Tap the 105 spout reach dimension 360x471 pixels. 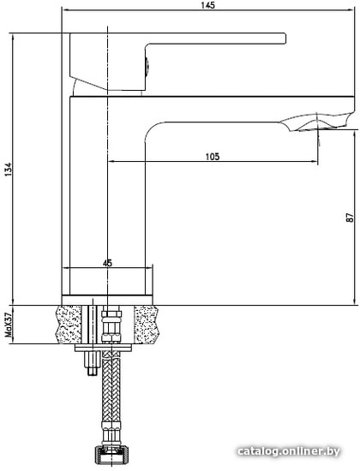[x=212, y=156]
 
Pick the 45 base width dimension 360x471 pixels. [x=108, y=264]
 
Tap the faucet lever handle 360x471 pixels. [x=214, y=39]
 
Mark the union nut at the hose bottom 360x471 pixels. [x=110, y=455]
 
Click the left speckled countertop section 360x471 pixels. [x=71, y=325]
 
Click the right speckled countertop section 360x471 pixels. [x=146, y=325]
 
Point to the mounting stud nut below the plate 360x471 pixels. [x=88, y=363]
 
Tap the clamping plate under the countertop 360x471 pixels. [x=105, y=348]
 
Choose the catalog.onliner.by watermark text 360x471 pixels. [x=291, y=452]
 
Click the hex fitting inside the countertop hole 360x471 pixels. [x=110, y=326]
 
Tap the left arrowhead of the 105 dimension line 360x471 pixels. [x=111, y=162]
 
